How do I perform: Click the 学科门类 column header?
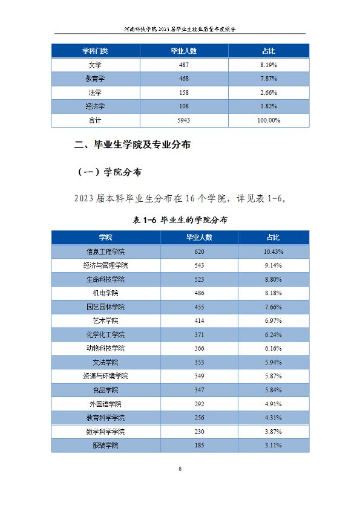95,51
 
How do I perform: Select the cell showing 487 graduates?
184,65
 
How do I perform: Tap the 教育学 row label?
95,79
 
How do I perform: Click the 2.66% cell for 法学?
269,92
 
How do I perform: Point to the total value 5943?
184,120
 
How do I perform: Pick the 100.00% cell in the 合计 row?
269,120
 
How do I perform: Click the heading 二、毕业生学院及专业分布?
133,144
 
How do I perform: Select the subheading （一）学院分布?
110,172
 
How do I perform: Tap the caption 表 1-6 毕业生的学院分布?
180,220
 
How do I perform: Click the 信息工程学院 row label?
106,252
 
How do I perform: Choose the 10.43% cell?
273,252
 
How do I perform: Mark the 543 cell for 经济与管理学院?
200,265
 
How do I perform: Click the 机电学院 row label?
106,293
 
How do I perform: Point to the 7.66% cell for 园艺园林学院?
273,307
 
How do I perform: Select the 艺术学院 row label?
106,321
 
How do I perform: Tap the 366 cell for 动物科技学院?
200,348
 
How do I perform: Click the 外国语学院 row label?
106,404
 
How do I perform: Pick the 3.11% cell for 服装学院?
273,446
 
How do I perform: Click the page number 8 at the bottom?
180,468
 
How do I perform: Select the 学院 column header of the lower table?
106,238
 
